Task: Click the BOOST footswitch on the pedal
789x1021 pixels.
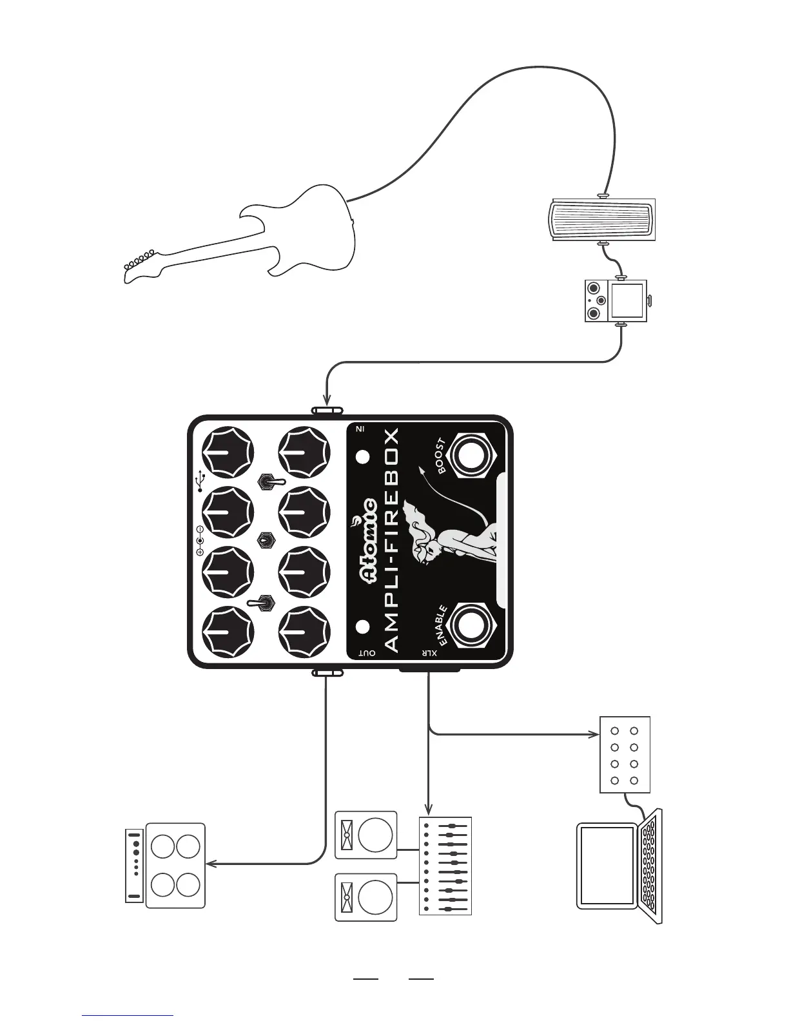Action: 469,456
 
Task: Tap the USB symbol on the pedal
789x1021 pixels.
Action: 201,480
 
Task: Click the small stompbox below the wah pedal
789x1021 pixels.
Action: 616,301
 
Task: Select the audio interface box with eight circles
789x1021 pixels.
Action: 625,754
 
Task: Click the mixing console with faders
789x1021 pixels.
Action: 445,866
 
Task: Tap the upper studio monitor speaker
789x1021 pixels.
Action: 365,835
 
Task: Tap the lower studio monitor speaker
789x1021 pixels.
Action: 365,897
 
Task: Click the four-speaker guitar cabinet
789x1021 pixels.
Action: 175,865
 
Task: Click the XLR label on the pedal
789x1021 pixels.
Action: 429,654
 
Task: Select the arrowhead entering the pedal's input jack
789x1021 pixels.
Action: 327,402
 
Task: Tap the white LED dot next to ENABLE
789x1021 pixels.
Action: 362,627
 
